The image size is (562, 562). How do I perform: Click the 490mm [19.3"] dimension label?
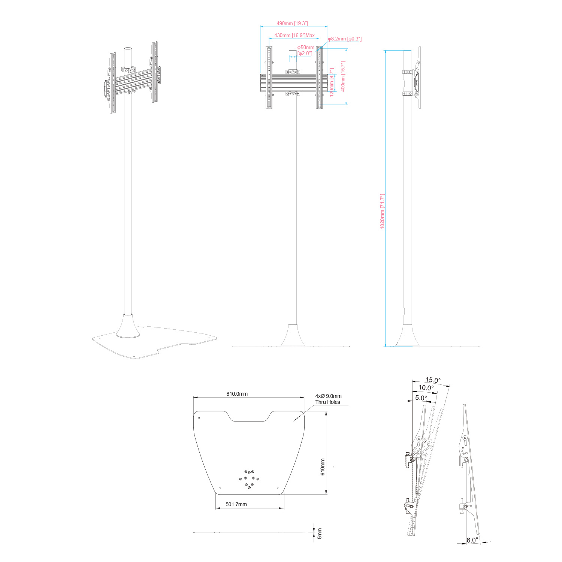click(x=292, y=24)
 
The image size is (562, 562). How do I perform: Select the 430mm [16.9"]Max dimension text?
click(x=294, y=36)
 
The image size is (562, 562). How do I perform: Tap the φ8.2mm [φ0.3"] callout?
click(x=345, y=39)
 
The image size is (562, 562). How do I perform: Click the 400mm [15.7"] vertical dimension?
click(x=343, y=76)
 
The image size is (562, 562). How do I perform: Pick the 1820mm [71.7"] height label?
click(x=383, y=211)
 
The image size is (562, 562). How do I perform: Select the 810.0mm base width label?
click(x=237, y=394)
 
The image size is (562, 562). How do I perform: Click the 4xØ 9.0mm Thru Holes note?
click(x=328, y=399)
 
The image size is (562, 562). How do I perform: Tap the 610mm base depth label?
click(x=323, y=467)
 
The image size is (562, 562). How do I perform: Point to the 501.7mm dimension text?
click(x=236, y=504)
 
